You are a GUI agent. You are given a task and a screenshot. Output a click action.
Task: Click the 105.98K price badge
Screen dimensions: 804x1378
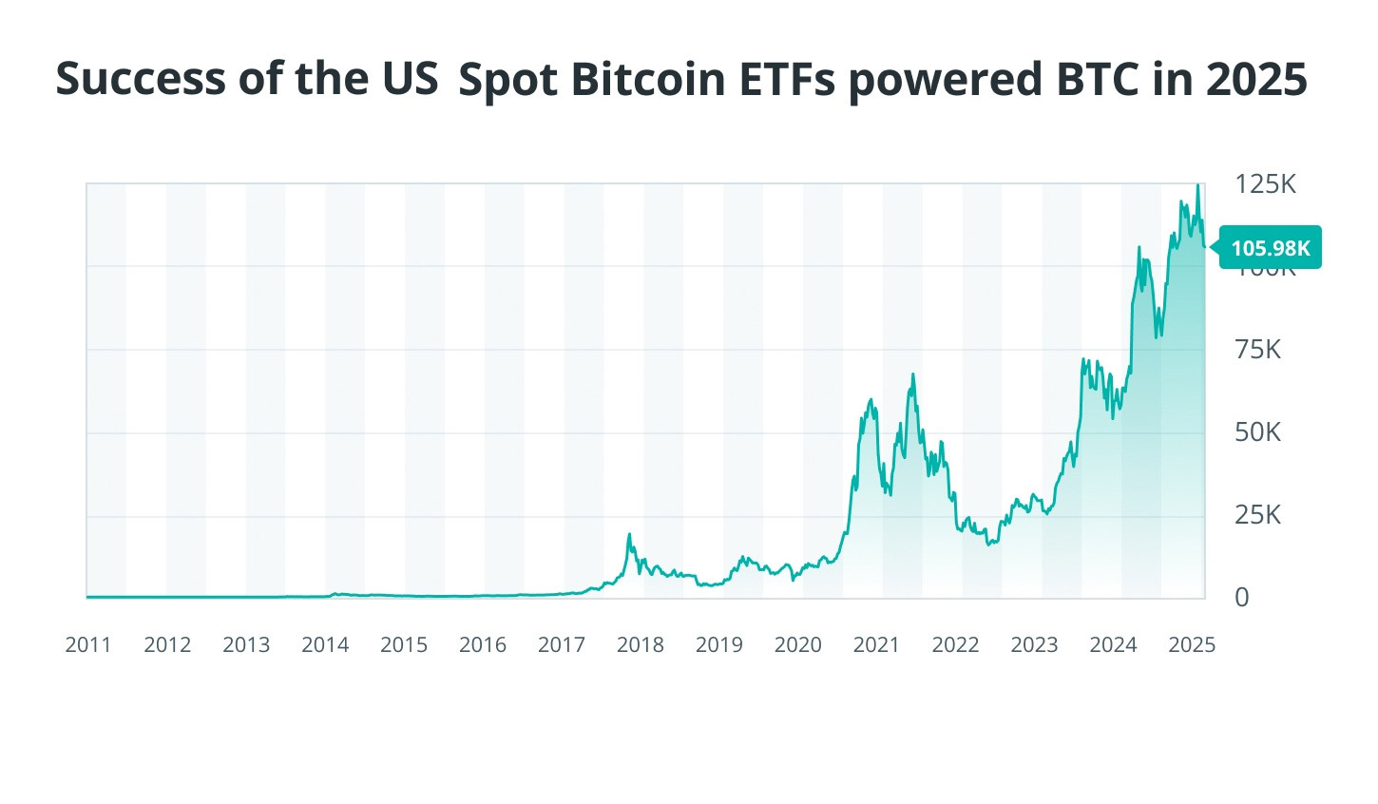click(1271, 248)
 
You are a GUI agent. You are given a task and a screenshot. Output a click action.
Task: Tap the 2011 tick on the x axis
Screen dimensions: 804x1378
click(88, 645)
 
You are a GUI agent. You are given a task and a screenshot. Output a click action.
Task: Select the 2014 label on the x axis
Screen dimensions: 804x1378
click(325, 645)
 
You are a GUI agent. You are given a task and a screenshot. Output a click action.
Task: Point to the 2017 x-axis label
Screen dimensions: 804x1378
click(562, 645)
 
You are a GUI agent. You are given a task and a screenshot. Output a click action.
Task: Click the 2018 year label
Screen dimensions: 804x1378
click(641, 645)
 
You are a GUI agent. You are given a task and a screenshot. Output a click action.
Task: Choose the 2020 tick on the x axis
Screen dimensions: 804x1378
click(798, 645)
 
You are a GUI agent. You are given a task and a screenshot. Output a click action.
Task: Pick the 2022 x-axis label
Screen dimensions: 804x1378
click(956, 645)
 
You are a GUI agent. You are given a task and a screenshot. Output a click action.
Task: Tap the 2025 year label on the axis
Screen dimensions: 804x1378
click(1192, 645)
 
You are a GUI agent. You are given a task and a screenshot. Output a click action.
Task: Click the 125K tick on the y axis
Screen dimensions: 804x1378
click(1265, 184)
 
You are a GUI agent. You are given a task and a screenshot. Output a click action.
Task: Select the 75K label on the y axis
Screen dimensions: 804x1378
click(1257, 350)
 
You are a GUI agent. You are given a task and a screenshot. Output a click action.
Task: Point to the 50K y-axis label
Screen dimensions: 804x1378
click(1257, 432)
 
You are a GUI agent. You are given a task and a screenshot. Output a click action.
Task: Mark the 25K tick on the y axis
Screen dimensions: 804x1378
click(1257, 515)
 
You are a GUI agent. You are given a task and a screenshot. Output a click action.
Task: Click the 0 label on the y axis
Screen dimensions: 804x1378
click(1242, 598)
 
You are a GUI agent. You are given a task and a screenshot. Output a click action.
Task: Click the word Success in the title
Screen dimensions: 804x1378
click(141, 78)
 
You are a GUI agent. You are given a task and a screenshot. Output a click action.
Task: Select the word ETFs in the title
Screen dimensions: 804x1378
click(789, 80)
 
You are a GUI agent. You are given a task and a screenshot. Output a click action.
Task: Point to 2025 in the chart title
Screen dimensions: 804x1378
click(1256, 80)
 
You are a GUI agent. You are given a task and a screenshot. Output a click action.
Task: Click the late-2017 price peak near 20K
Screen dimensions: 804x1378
click(629, 534)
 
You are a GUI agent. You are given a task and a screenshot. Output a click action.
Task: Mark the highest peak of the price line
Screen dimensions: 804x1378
click(1197, 185)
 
